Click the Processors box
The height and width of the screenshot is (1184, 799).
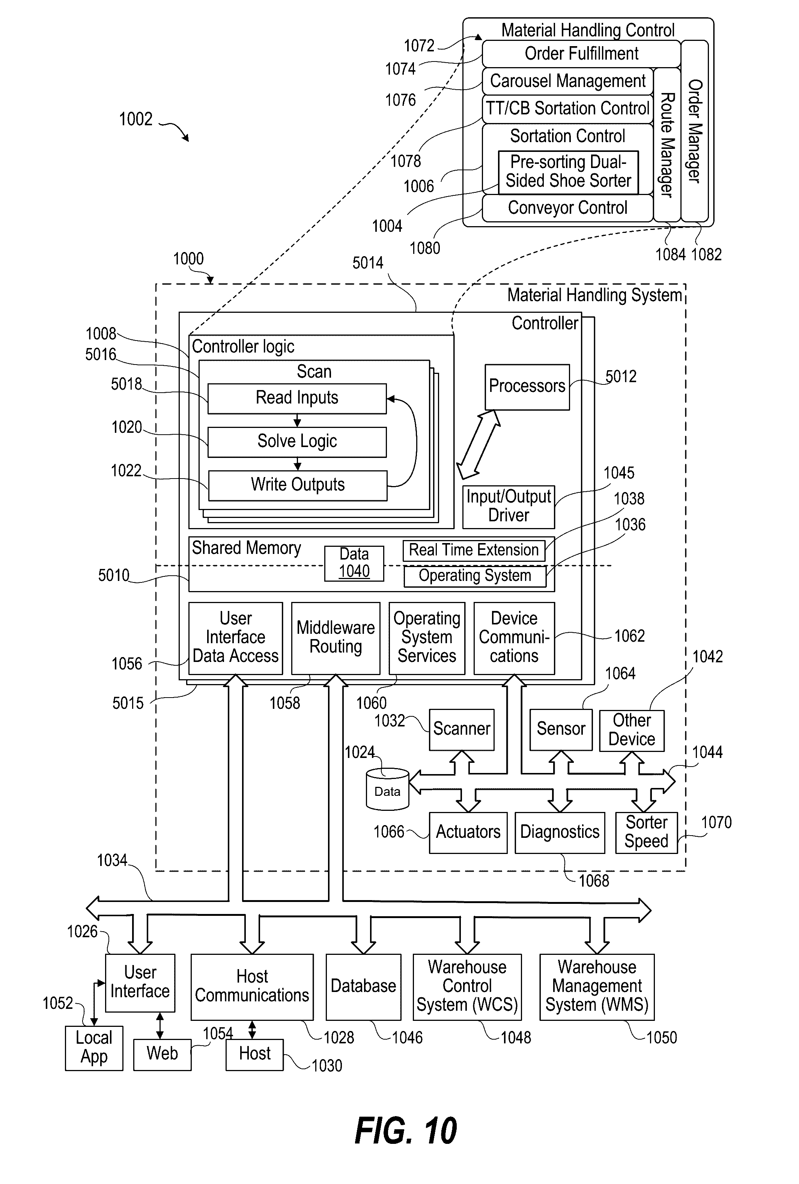[527, 387]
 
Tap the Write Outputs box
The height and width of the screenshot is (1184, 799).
[298, 485]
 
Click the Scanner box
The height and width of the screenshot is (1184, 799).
[461, 729]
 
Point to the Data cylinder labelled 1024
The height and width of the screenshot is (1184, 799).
[387, 789]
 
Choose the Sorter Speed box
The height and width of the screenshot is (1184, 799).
[646, 832]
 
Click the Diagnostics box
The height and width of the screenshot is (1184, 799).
[560, 832]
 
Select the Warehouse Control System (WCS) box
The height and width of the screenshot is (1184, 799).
[467, 986]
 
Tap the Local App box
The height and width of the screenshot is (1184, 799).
[94, 1047]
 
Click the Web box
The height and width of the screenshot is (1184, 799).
[162, 1053]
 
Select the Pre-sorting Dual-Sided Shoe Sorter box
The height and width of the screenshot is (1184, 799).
[568, 172]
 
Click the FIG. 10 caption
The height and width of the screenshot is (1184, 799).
[406, 1131]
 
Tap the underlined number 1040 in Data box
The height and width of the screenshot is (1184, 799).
[354, 572]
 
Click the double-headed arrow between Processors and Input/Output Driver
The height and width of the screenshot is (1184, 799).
[478, 444]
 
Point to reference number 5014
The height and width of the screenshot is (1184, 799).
[368, 263]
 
